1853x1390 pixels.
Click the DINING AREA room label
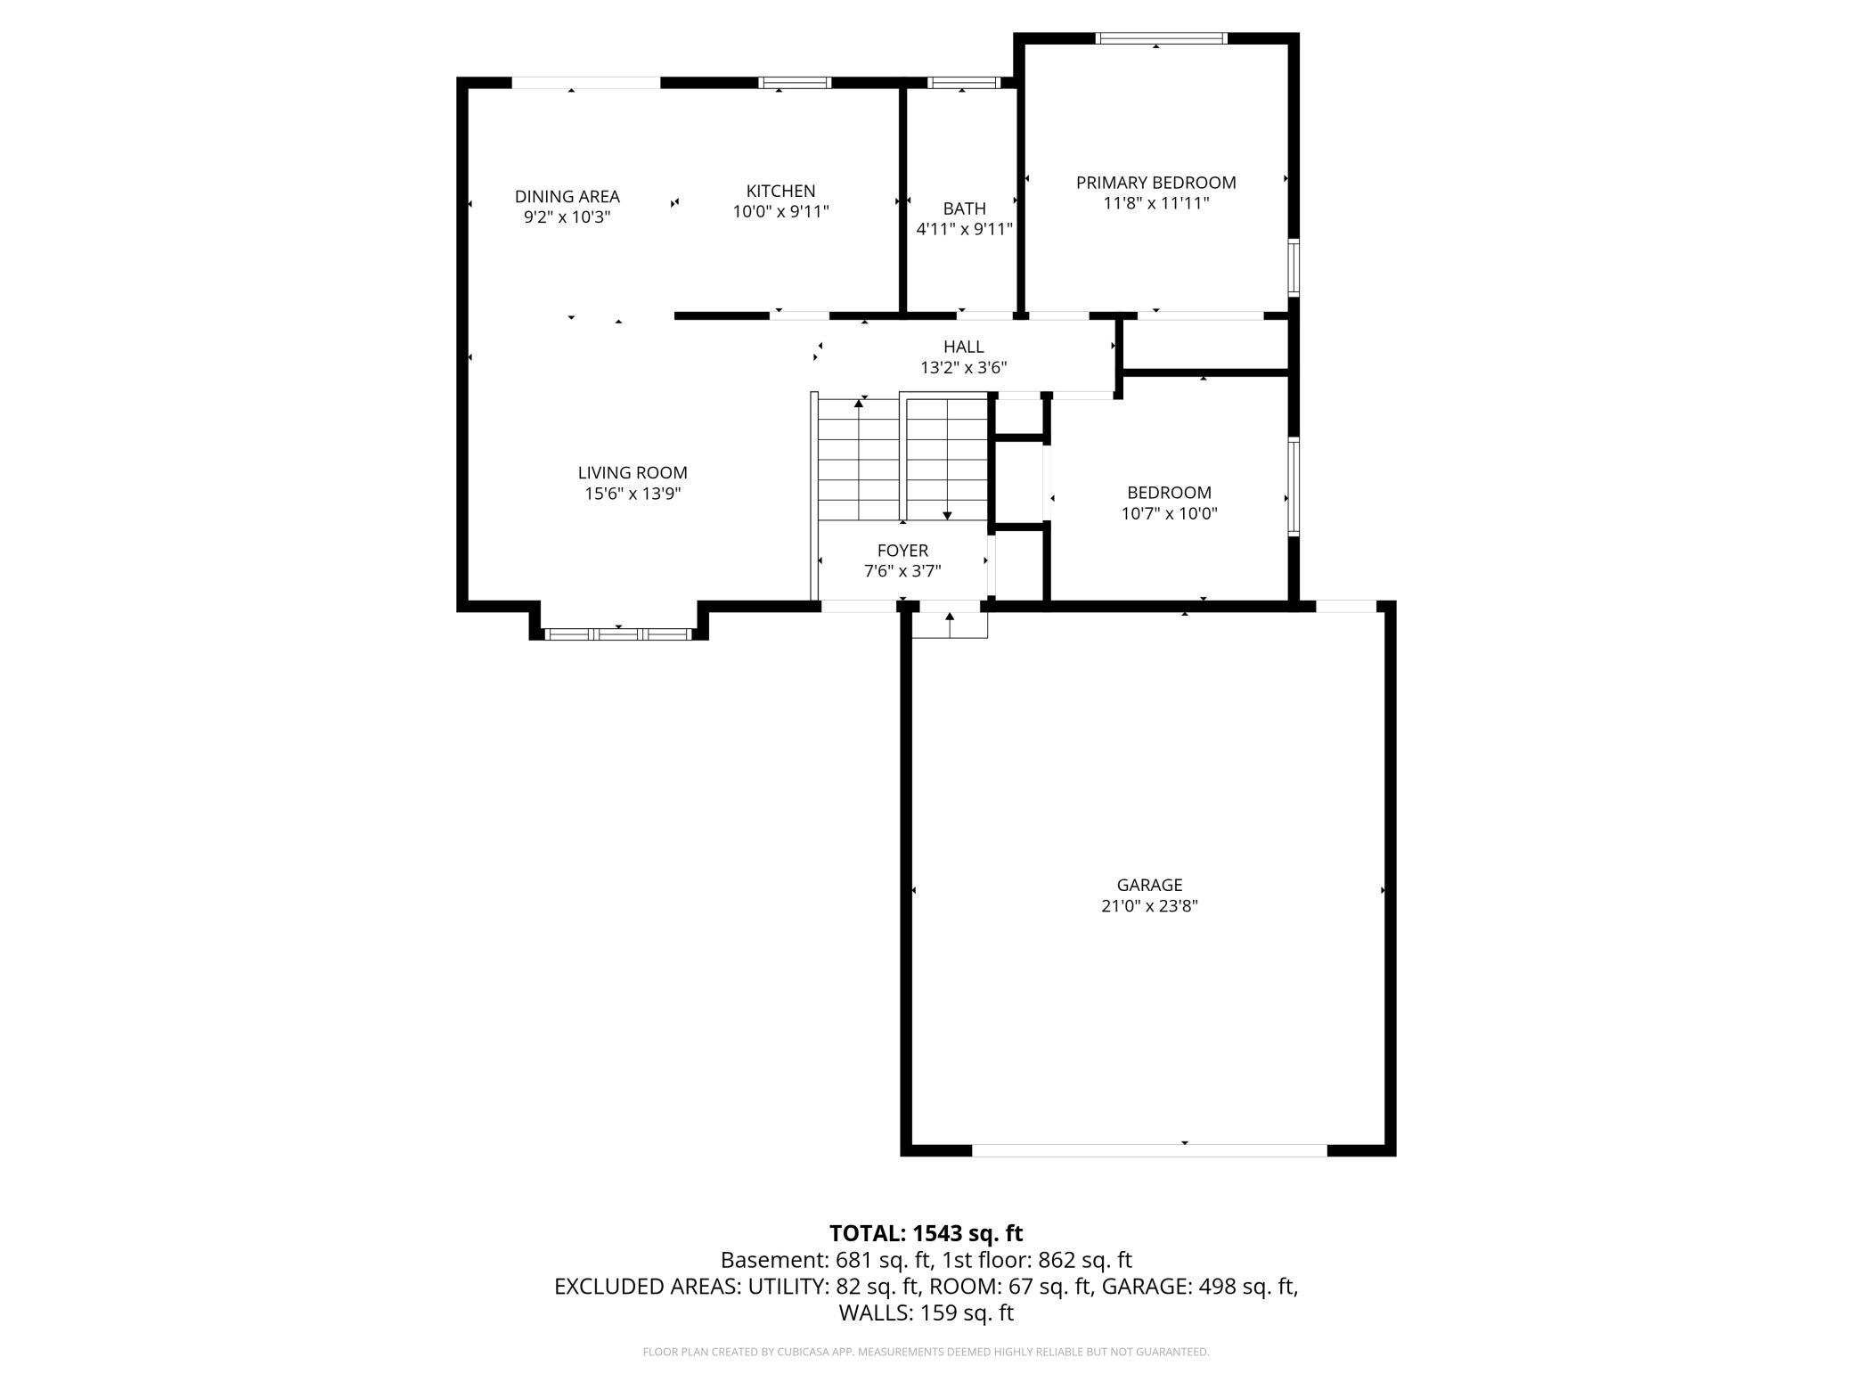click(x=567, y=197)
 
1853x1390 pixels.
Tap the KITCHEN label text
click(x=780, y=192)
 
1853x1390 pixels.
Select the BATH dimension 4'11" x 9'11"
click(x=965, y=229)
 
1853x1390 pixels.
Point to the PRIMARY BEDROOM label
click(x=1156, y=183)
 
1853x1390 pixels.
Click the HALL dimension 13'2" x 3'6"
click(x=964, y=367)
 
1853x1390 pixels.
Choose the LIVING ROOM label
click(x=633, y=473)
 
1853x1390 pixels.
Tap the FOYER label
click(x=902, y=551)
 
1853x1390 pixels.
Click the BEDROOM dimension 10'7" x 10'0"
click(x=1169, y=513)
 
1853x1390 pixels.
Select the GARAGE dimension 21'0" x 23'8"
click(x=1149, y=906)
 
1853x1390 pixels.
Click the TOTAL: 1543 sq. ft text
click(x=926, y=1233)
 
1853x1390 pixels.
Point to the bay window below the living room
click(x=618, y=634)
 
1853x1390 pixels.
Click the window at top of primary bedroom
click(x=1161, y=38)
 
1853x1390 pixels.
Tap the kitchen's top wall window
click(x=795, y=83)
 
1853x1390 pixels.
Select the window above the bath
click(x=963, y=83)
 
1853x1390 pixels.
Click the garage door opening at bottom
click(x=1149, y=1150)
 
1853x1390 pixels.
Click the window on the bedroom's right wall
click(x=1294, y=487)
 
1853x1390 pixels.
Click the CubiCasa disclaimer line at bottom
click(x=926, y=1352)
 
